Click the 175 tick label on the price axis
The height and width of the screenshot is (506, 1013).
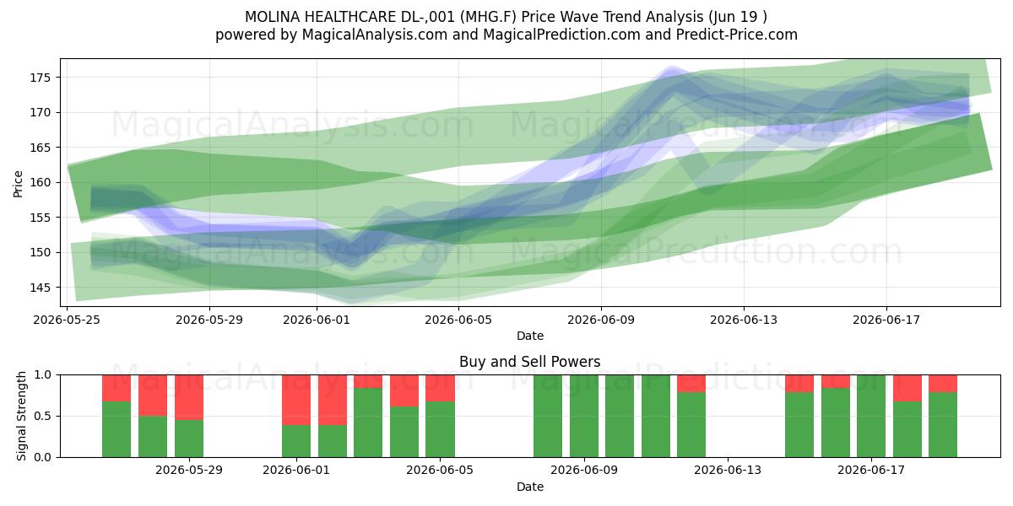[40, 78]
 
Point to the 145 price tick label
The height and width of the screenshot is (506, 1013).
[40, 288]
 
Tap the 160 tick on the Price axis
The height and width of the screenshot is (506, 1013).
[40, 182]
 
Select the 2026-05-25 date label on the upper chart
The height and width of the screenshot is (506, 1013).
[67, 320]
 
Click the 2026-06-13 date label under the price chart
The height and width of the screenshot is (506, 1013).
[744, 320]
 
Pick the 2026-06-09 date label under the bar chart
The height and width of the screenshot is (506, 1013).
[584, 471]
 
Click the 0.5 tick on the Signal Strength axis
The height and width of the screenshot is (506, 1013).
[43, 416]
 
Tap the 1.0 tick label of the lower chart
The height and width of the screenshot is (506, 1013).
[43, 375]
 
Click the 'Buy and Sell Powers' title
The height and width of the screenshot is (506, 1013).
[529, 362]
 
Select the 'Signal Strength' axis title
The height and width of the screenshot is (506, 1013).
[21, 416]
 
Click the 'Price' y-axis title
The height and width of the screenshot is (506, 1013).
[18, 184]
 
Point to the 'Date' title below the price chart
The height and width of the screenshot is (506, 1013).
[530, 336]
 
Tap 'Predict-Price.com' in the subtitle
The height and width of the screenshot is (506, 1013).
[737, 35]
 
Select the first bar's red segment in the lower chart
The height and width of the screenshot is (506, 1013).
[116, 388]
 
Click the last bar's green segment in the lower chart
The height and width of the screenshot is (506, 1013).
[943, 425]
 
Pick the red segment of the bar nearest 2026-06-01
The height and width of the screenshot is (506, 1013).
[296, 400]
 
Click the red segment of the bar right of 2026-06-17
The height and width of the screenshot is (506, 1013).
[907, 388]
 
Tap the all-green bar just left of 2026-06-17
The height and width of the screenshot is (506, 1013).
[871, 416]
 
